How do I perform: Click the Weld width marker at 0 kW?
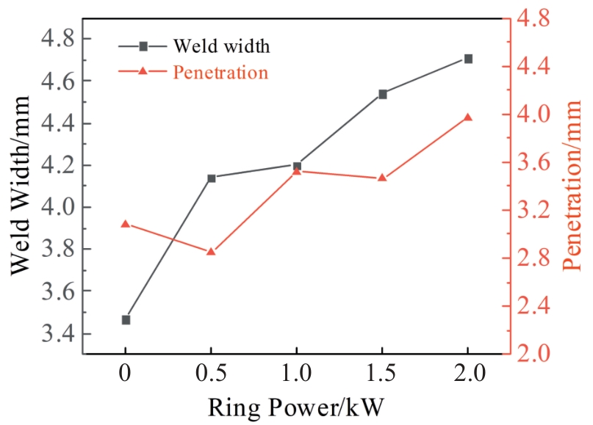[126, 320]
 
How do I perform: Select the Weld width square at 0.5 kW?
[212, 178]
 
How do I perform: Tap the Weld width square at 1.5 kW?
[382, 94]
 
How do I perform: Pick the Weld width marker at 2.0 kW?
[468, 59]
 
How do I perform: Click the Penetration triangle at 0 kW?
[126, 224]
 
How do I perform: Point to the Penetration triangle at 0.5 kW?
[211, 252]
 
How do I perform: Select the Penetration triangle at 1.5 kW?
[382, 178]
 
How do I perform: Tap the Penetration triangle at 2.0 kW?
[468, 117]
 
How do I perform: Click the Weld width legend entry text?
[222, 46]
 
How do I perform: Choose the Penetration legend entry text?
[220, 72]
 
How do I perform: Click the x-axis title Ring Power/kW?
[296, 406]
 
